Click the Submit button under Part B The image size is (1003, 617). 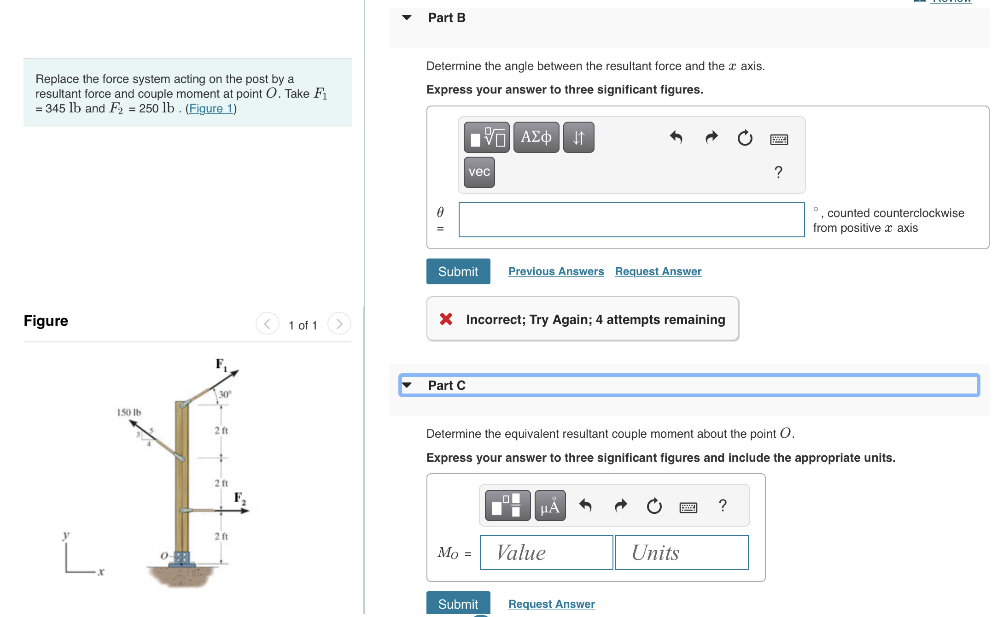[458, 271]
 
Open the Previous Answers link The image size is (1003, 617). [556, 271]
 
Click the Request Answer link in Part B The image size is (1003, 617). [658, 271]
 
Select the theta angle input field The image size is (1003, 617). [631, 220]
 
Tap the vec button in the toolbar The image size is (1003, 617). [479, 172]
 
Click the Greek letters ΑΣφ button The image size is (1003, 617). [536, 137]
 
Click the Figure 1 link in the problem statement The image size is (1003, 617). [210, 109]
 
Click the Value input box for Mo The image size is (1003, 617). [546, 552]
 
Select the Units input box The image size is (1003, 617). [681, 552]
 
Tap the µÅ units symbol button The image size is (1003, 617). [550, 506]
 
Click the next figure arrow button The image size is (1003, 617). [339, 324]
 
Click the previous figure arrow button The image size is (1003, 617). [267, 324]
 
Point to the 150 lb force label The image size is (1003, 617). [128, 412]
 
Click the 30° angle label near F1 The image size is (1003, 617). [225, 394]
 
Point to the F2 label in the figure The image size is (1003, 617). [240, 498]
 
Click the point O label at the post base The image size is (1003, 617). [164, 556]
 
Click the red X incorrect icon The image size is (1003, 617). [446, 319]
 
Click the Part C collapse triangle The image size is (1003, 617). [407, 385]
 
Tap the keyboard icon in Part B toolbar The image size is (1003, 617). [779, 139]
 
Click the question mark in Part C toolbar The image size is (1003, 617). [723, 505]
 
